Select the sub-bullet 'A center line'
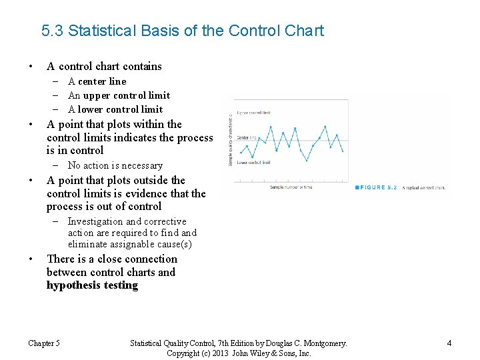tap(97, 81)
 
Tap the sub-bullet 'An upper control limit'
tap(119, 95)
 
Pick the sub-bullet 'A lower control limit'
tap(115, 109)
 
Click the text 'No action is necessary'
tap(115, 165)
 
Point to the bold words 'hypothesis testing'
tap(92, 285)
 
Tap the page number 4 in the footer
tap(449, 343)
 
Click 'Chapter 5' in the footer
tap(44, 343)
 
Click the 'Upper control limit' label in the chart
tap(253, 113)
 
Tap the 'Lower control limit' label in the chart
tap(253, 162)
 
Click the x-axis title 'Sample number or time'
tap(291, 187)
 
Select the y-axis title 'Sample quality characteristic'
tap(231, 139)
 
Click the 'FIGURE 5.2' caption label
tap(378, 188)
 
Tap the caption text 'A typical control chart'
tap(424, 188)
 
